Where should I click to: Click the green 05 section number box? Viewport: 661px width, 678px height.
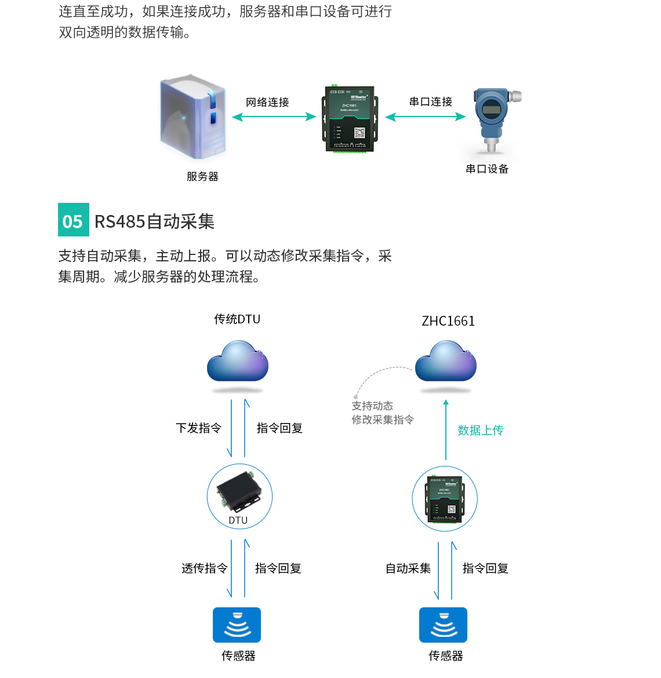pos(74,220)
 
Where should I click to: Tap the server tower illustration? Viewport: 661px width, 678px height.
pos(193,118)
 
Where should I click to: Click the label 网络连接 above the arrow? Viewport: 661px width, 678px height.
pos(267,103)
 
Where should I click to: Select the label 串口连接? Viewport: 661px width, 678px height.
pos(430,102)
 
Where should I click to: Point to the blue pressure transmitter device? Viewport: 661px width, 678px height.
pos(492,117)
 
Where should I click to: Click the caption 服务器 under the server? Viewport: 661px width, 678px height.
pos(202,177)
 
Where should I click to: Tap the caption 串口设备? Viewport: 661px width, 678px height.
pos(487,169)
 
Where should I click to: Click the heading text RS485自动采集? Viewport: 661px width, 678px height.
pos(154,221)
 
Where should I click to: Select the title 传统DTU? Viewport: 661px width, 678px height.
pos(237,319)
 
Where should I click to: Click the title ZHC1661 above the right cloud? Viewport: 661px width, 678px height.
pos(448,321)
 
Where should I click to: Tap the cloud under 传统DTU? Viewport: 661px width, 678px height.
pos(238,362)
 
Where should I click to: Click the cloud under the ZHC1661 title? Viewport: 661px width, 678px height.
pos(446,362)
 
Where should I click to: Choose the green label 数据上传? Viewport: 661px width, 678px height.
pos(481,431)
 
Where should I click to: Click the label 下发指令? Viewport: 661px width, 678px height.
pos(199,428)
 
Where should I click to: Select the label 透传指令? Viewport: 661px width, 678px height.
pos(205,568)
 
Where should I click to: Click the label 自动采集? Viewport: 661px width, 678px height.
pos(408,568)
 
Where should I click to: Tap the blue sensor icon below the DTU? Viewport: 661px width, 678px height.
pos(237,625)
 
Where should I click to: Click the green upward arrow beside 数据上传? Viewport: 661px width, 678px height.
pos(446,429)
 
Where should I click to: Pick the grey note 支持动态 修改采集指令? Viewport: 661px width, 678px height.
pos(383,413)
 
